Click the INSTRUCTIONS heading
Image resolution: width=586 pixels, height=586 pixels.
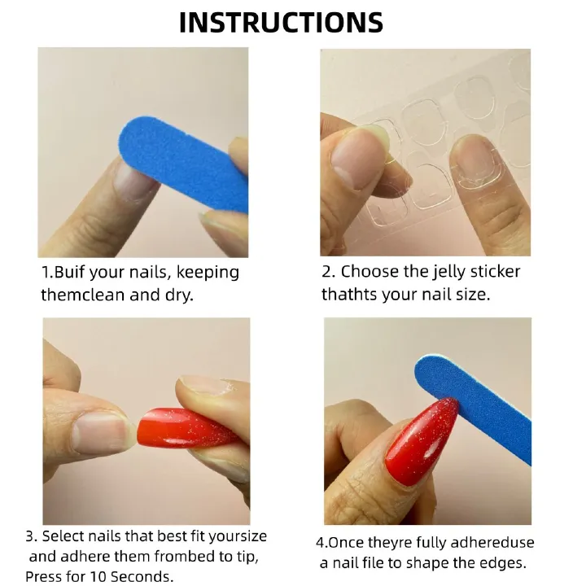pos(281,23)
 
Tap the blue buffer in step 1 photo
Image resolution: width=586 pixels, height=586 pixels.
pos(183,164)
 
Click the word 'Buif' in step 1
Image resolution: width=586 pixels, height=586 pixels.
pos(70,272)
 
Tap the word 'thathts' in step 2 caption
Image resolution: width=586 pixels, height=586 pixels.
pos(349,295)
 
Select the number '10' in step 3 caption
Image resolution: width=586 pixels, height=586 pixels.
pos(97,576)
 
